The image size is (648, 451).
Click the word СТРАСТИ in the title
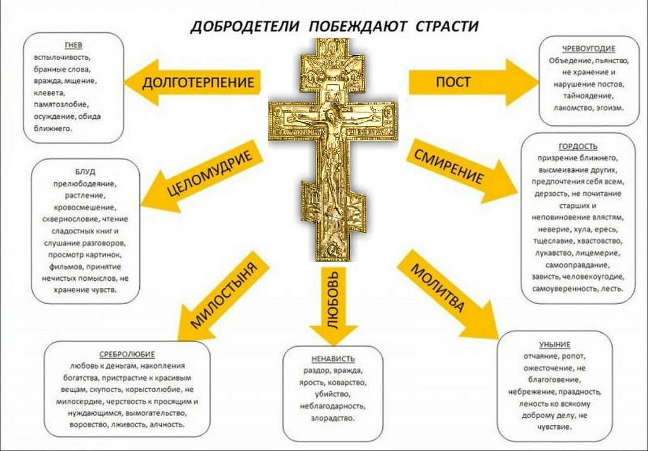[447, 27]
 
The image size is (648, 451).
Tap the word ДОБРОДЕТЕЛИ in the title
[245, 27]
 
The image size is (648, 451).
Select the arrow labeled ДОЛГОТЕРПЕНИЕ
[192, 82]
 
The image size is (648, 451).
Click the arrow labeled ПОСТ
[474, 82]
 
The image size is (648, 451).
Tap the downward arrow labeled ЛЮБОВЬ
[333, 306]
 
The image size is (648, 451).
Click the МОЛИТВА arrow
[447, 294]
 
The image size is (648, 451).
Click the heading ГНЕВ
[73, 45]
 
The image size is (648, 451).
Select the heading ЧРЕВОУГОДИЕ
[589, 49]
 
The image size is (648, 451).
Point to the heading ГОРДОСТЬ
[578, 146]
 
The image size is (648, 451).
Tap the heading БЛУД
[85, 171]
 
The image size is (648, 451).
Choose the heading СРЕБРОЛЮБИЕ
[127, 354]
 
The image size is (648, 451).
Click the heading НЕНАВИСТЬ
[333, 359]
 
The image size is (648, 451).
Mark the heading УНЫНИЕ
[554, 345]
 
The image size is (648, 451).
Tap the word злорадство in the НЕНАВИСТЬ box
[333, 418]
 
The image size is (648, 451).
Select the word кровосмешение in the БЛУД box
[85, 207]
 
